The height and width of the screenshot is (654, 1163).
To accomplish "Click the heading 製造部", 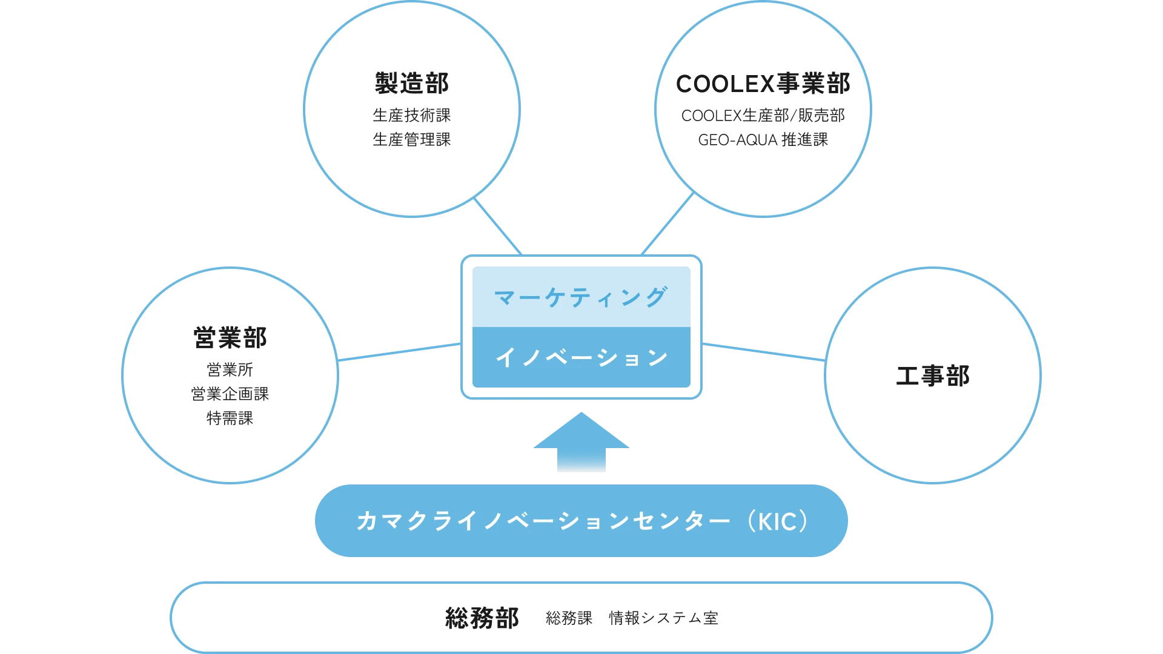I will click(411, 84).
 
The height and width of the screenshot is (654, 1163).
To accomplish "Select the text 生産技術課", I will click(411, 115).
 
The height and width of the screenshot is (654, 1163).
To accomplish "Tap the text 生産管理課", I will click(411, 139).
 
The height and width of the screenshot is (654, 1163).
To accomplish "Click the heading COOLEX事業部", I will click(763, 84).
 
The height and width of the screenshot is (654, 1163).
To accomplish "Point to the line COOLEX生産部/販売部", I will click(763, 115).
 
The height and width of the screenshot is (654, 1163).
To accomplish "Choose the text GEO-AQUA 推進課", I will click(763, 140).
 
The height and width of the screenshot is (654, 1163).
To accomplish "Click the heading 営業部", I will click(230, 338).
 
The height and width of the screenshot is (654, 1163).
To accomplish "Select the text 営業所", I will click(230, 369).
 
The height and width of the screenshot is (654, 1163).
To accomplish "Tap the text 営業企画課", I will click(230, 394).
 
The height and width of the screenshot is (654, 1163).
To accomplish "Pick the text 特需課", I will click(230, 418).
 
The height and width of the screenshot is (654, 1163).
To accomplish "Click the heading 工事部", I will click(933, 375).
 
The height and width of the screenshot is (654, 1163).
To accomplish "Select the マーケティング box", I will click(581, 297).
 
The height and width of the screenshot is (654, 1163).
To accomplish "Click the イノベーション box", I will click(581, 357).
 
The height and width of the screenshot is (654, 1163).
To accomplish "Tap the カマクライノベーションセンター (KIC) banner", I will click(581, 521).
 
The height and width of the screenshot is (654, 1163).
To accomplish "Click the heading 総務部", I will click(482, 618).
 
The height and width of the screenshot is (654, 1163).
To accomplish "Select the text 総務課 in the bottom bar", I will click(569, 618).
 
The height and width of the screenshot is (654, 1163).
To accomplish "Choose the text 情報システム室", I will click(663, 618).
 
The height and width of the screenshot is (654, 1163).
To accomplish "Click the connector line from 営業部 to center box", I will click(400, 352).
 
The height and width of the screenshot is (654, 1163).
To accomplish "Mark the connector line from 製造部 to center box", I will click(498, 226).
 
